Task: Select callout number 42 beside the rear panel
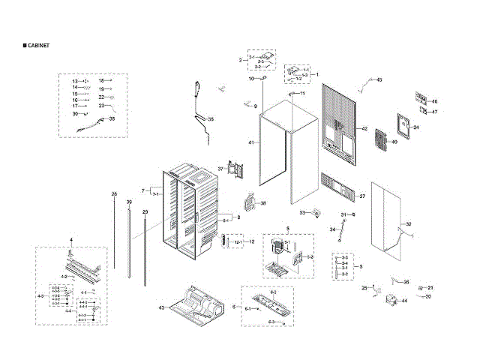tap(364, 129)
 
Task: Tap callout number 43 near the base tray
tap(161, 308)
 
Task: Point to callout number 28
tap(115, 194)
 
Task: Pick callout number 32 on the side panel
tap(409, 224)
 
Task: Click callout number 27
tap(361, 196)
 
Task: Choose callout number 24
tap(416, 127)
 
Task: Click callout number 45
tap(379, 79)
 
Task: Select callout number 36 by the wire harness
tap(211, 119)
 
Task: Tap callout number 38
tap(262, 203)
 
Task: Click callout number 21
tap(430, 288)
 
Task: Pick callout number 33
tap(303, 213)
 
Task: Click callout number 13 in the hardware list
tap(75, 80)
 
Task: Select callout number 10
tap(252, 79)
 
